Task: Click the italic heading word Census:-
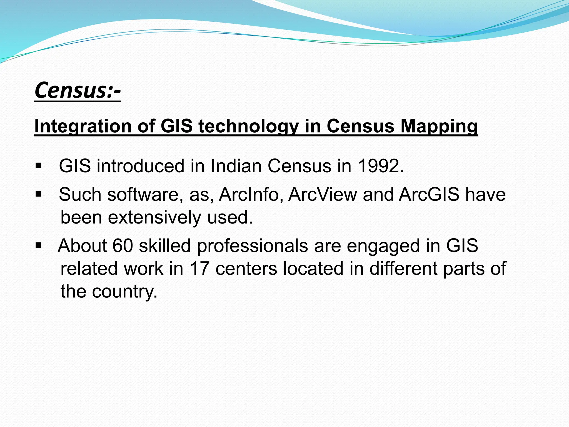click(x=78, y=91)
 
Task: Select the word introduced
click(x=141, y=166)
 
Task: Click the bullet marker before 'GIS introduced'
click(x=39, y=166)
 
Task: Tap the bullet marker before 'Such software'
click(x=39, y=194)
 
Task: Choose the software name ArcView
click(x=323, y=194)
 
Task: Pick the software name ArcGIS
click(x=429, y=194)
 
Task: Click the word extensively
click(x=154, y=217)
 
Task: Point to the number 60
click(x=123, y=246)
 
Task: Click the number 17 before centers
click(x=199, y=269)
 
